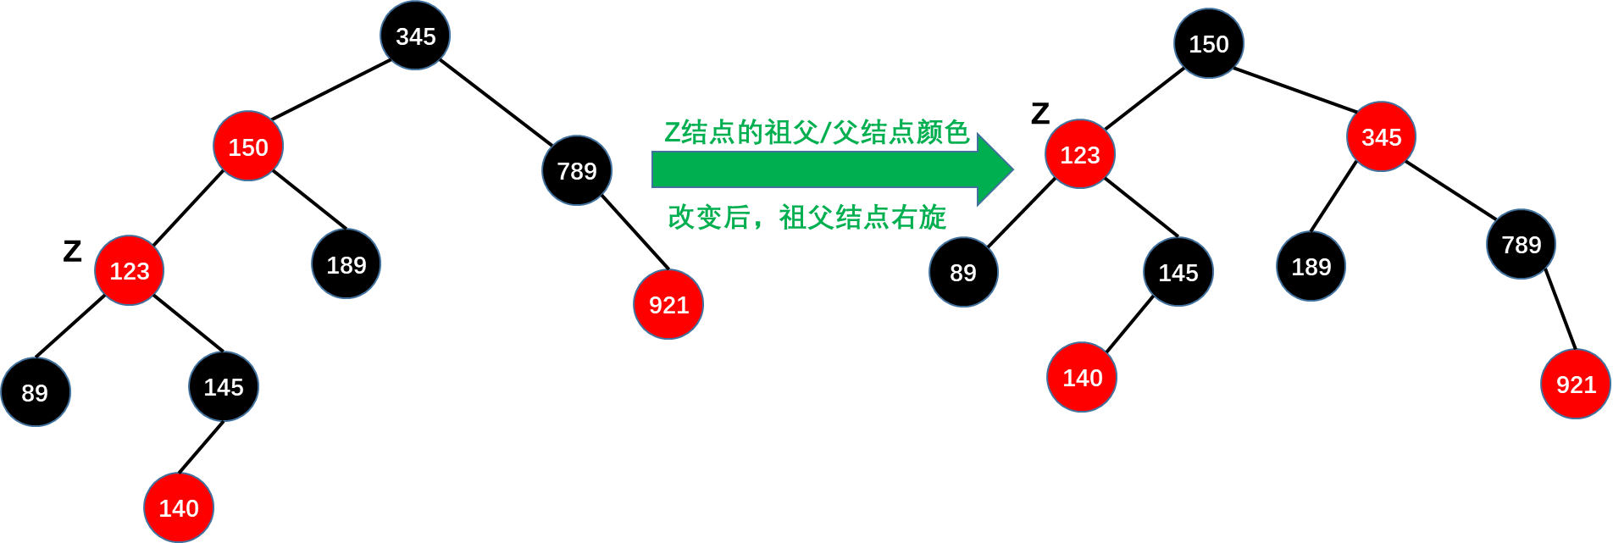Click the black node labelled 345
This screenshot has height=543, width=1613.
415,36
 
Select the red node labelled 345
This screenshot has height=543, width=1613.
1381,136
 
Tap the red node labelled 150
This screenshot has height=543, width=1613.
248,147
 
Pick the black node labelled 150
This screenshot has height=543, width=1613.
1208,43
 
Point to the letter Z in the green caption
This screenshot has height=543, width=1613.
672,133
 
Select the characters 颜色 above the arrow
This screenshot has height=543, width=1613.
943,132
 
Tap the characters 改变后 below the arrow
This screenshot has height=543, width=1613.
708,218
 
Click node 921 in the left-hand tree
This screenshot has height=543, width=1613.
668,304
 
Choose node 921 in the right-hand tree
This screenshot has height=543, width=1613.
1576,385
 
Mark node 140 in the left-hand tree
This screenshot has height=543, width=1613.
179,507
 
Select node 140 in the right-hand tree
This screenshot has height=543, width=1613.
1082,377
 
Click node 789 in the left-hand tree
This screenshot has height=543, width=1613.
577,170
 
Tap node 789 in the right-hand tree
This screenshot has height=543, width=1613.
1521,244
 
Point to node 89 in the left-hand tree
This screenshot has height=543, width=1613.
35,392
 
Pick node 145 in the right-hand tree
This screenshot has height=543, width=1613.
1178,272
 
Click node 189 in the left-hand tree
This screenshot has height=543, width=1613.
346,264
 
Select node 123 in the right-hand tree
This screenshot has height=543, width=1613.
1079,154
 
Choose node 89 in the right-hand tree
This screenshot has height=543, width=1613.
962,272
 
